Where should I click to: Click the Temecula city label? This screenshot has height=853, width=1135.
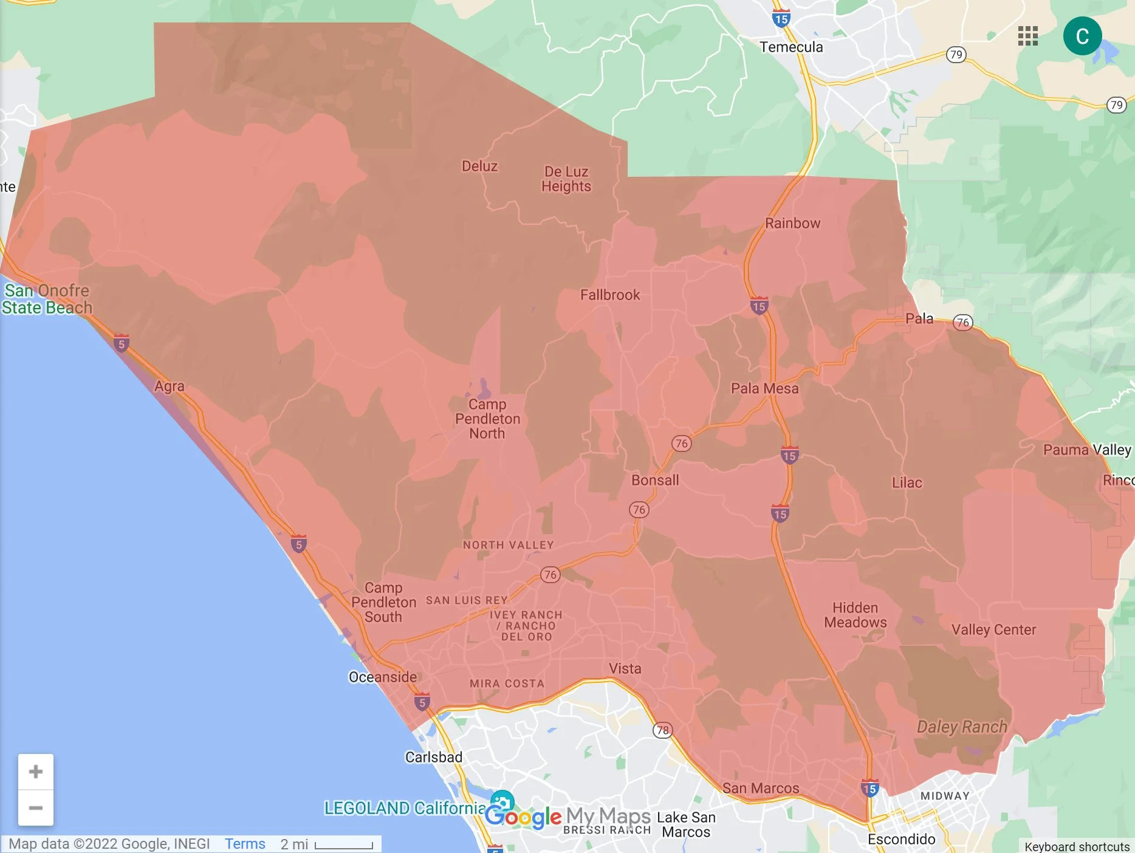tap(791, 47)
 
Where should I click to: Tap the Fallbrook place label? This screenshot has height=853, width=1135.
tap(610, 295)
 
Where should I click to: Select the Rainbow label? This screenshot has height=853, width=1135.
tap(792, 223)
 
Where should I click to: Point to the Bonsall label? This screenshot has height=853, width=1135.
tap(655, 480)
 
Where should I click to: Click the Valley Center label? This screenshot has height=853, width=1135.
tap(993, 629)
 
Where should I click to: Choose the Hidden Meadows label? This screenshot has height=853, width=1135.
tap(855, 615)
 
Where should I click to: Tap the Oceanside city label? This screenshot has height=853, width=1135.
tap(383, 677)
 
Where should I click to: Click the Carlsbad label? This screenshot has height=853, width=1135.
tap(434, 757)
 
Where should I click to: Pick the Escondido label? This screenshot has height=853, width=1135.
tap(901, 839)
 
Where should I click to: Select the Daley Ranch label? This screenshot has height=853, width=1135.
tap(962, 727)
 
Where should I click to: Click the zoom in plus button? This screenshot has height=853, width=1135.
tap(36, 772)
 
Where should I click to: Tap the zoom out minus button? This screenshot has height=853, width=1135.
tap(36, 808)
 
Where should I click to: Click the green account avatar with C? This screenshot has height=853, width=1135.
tap(1082, 36)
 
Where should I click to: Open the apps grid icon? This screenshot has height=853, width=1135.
tap(1027, 36)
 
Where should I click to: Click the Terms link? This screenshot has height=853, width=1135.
tap(245, 844)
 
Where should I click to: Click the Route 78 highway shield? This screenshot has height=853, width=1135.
tap(662, 730)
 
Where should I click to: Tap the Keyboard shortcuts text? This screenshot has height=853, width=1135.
tap(1077, 846)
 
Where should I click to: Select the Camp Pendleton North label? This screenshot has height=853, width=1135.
tap(487, 419)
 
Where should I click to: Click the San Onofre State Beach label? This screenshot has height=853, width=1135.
tap(47, 299)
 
